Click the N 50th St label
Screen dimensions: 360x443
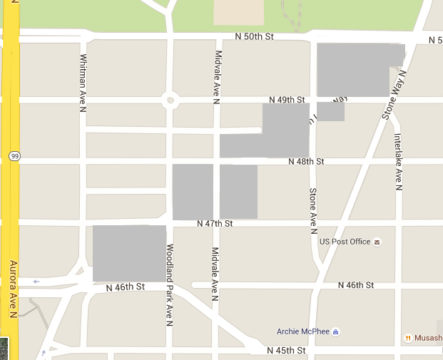tap(255, 36)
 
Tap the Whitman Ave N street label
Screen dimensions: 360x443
tap(83, 83)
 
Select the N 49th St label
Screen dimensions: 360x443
tap(287, 100)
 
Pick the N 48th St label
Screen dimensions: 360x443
tap(306, 162)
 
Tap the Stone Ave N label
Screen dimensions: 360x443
tap(312, 211)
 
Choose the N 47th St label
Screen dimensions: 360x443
tap(215, 224)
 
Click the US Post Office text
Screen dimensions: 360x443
tap(345, 242)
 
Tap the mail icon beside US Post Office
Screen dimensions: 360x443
tap(377, 242)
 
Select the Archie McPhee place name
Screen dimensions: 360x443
tap(302, 331)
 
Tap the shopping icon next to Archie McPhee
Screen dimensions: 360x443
tap(336, 331)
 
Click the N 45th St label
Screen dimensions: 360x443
tap(286, 351)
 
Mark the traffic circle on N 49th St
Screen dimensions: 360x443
tap(170, 100)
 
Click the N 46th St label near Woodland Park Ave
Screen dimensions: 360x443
tap(125, 287)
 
